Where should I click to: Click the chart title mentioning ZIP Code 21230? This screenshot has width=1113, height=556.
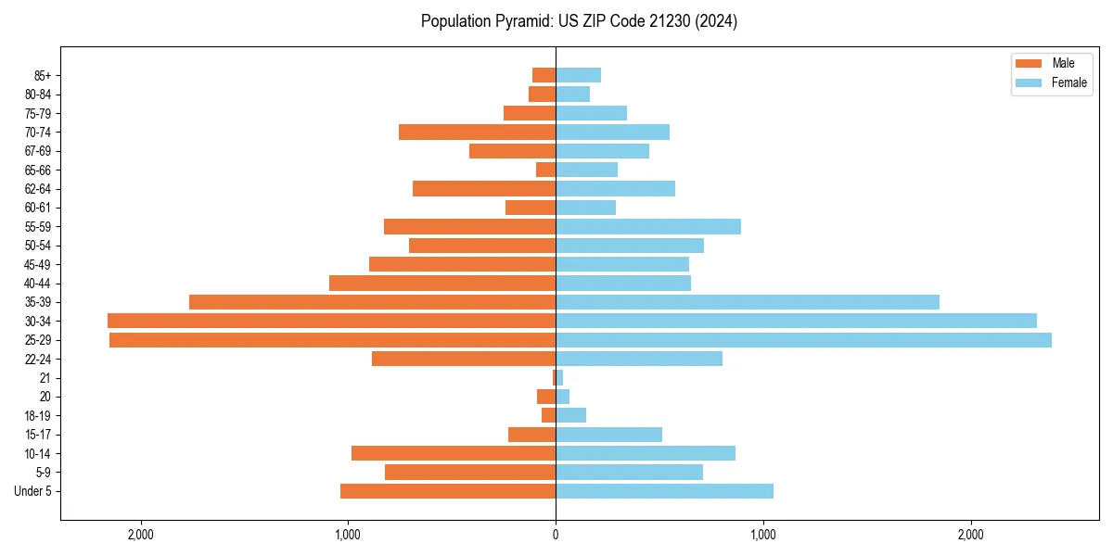pos(579,21)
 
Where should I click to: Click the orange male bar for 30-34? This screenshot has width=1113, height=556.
pos(331,321)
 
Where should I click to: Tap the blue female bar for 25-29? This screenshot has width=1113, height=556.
pos(803,340)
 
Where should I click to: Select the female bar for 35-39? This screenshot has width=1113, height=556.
pos(747,302)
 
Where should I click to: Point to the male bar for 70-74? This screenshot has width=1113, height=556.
pos(477,132)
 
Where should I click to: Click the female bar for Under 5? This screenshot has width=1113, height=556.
pos(664,491)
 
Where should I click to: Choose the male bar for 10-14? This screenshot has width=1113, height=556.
pos(454,453)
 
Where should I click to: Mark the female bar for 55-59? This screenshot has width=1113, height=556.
pos(648,226)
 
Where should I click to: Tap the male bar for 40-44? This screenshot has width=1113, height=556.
pos(442,283)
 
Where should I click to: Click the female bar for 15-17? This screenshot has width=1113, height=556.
pos(608,435)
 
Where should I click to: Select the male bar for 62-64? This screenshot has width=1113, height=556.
pos(484,188)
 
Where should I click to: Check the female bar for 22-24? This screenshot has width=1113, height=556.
pos(639,359)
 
